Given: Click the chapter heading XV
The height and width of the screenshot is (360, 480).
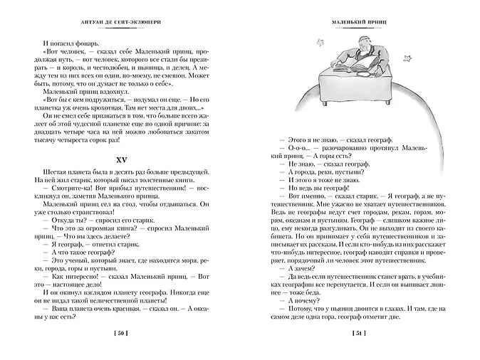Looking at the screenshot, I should coord(125,154).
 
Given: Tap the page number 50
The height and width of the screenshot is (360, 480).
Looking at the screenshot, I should coord(125,334).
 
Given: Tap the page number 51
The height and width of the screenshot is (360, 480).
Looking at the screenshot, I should coord(359,334).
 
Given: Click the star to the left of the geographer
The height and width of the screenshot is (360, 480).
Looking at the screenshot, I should coord(319,43).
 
